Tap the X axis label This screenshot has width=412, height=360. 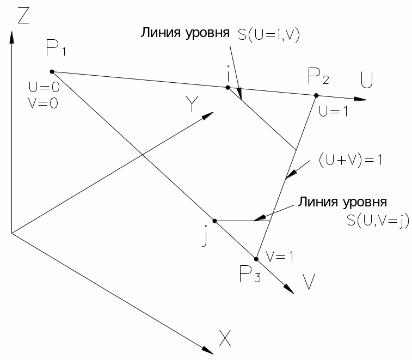[x=225, y=339]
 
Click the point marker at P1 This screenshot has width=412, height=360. [x=52, y=71]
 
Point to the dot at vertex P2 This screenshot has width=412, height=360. [x=316, y=95]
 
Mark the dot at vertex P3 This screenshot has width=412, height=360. [x=256, y=259]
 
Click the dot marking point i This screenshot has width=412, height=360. [x=228, y=87]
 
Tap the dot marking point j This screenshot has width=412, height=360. [x=214, y=221]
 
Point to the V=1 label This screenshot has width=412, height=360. [x=280, y=256]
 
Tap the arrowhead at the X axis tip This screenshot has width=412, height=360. [x=208, y=349]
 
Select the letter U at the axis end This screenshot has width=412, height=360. [x=367, y=82]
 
